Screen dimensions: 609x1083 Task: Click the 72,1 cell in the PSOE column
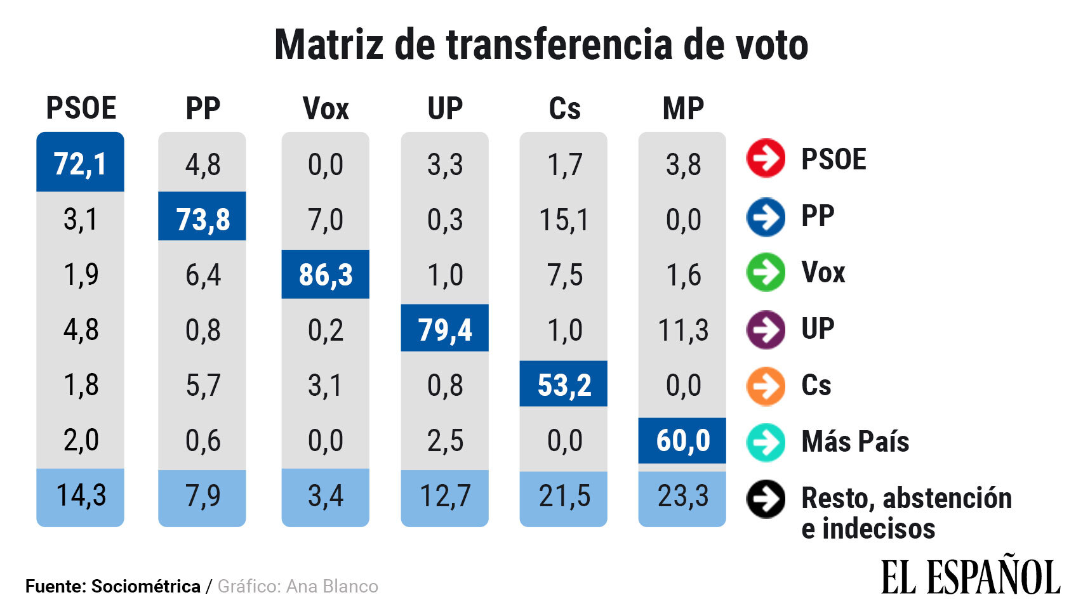pyautogui.click(x=80, y=163)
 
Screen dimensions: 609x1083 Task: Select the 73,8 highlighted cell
pyautogui.click(x=202, y=218)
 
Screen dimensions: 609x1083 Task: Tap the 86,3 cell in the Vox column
pyautogui.click(x=325, y=274)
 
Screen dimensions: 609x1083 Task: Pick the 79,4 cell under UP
pyautogui.click(x=444, y=329)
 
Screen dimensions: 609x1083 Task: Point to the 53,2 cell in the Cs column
pyautogui.click(x=564, y=384)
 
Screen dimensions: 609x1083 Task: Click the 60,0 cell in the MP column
pyautogui.click(x=682, y=440)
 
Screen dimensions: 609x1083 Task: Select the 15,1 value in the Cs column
pyautogui.click(x=564, y=219)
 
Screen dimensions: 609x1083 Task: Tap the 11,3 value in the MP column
pyautogui.click(x=682, y=330)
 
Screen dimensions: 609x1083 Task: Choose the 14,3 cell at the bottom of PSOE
pyautogui.click(x=81, y=495)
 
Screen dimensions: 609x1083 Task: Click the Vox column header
pyautogui.click(x=325, y=108)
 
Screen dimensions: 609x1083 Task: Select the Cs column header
pyautogui.click(x=564, y=108)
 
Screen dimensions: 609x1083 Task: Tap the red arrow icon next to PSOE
pyautogui.click(x=766, y=158)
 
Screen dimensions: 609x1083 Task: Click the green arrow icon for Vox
pyautogui.click(x=766, y=272)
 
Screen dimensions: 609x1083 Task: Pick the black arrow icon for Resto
pyautogui.click(x=766, y=499)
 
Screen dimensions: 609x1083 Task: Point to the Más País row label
pyautogui.click(x=854, y=442)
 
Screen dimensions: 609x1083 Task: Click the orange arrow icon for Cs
pyautogui.click(x=766, y=386)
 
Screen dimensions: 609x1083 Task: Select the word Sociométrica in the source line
pyautogui.click(x=145, y=586)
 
